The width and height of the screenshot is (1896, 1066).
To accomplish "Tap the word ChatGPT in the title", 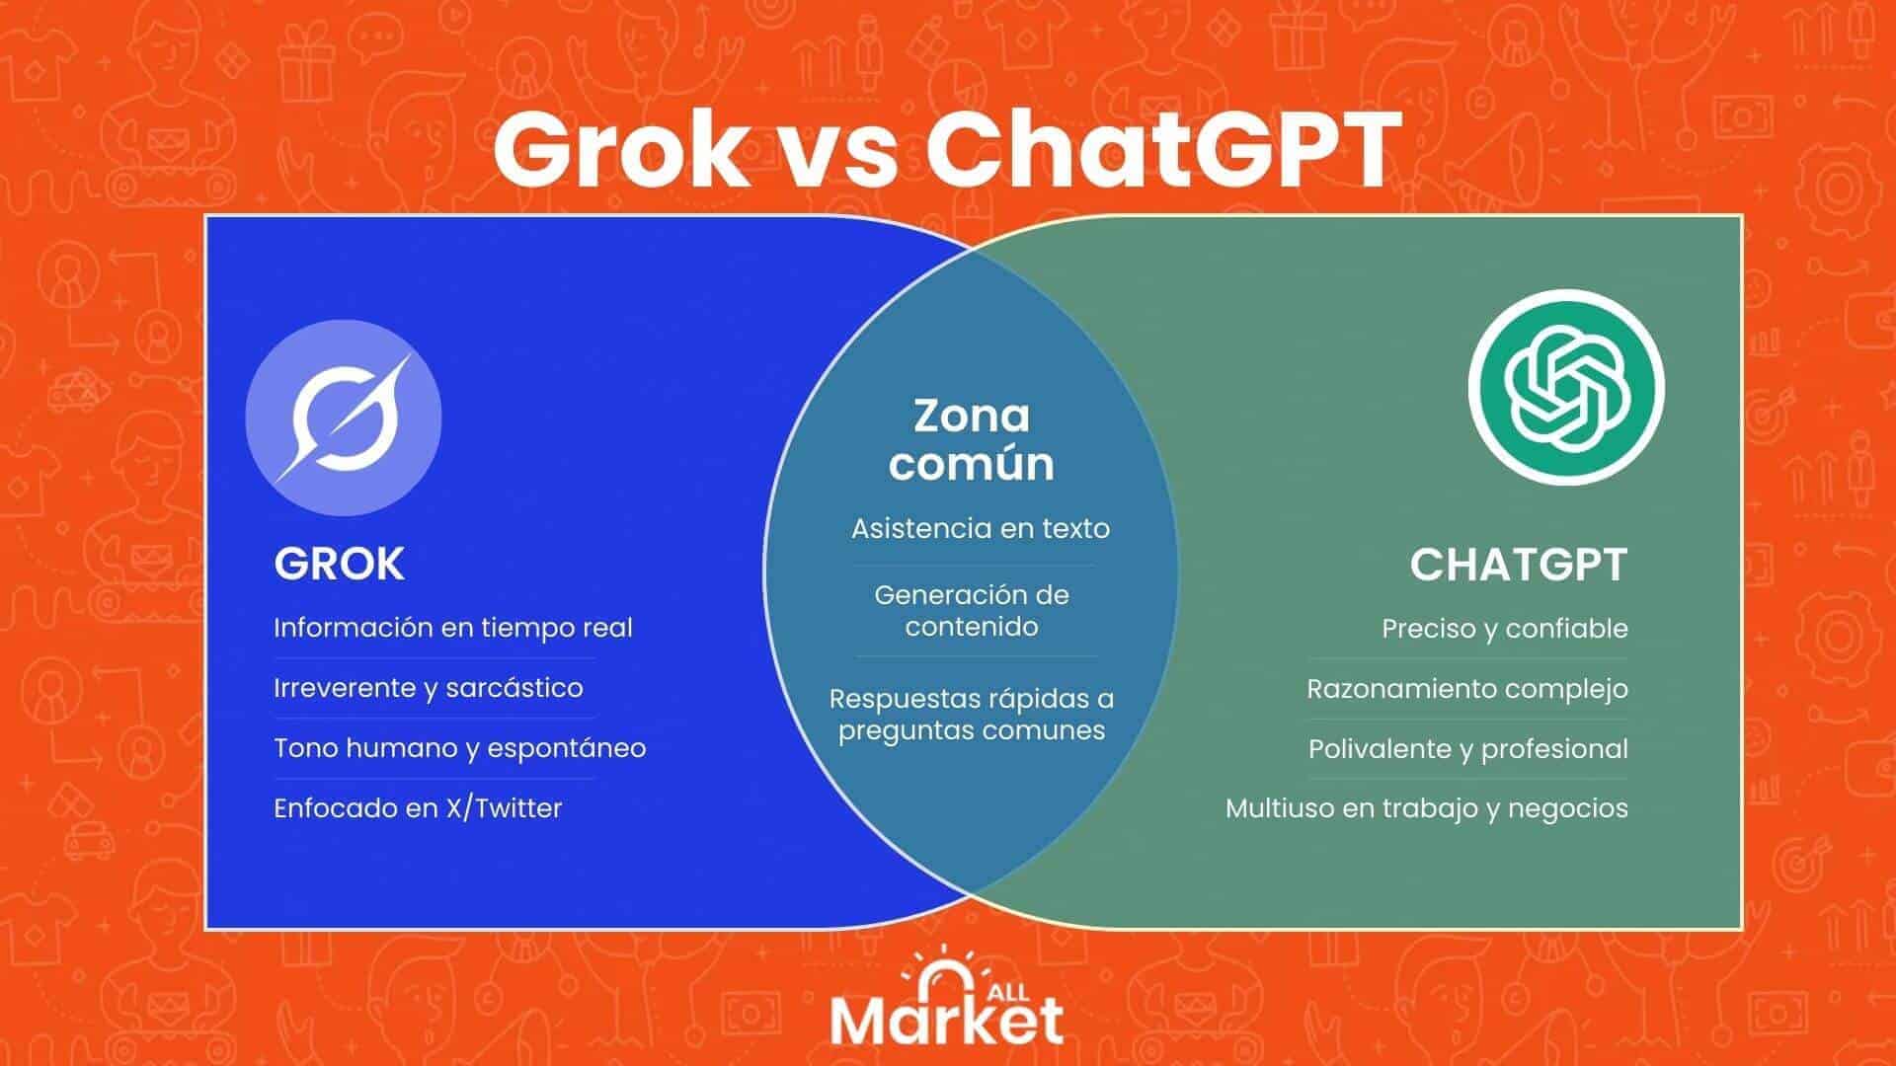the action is point(1164,150).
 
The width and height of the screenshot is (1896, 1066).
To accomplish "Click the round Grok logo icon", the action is point(344,418).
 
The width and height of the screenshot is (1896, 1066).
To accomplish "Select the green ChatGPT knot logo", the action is point(1566,387).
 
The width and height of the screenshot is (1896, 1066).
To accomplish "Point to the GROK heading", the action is point(340,565).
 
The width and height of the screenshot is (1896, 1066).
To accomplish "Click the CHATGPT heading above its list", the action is point(1519,565).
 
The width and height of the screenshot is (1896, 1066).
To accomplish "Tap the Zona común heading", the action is point(972,439).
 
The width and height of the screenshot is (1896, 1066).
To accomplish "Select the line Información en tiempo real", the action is point(453,628).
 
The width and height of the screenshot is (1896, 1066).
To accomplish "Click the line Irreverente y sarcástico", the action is point(429,688).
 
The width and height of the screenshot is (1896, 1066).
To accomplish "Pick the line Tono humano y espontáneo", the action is point(460,748).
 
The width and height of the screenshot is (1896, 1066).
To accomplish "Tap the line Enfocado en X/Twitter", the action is point(418,808).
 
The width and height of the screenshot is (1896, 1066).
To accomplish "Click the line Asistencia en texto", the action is point(981,528).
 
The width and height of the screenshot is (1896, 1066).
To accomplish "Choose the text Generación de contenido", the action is point(972,611).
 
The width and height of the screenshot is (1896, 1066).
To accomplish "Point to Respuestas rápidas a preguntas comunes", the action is point(972,715).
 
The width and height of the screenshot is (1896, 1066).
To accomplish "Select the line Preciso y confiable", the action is point(1505,629).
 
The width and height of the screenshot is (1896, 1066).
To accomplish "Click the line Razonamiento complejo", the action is point(1467,689).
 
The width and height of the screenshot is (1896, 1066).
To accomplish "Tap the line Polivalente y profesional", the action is point(1468,749).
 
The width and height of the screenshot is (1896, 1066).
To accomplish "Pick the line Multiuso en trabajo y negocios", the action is point(1427,808).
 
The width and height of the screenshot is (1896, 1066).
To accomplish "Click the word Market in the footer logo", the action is point(947,1021).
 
